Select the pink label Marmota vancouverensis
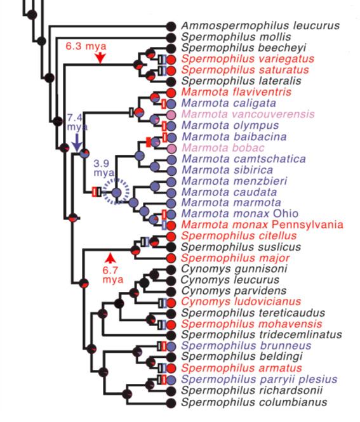pos(248,114)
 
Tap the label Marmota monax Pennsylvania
pos(262,225)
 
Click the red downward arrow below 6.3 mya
pos(100,58)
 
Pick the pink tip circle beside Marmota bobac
pos(171,148)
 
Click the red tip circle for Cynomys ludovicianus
pos(171,302)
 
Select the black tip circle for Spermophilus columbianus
pos(171,402)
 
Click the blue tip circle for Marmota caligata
pos(171,103)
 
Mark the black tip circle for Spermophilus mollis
pos(171,37)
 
